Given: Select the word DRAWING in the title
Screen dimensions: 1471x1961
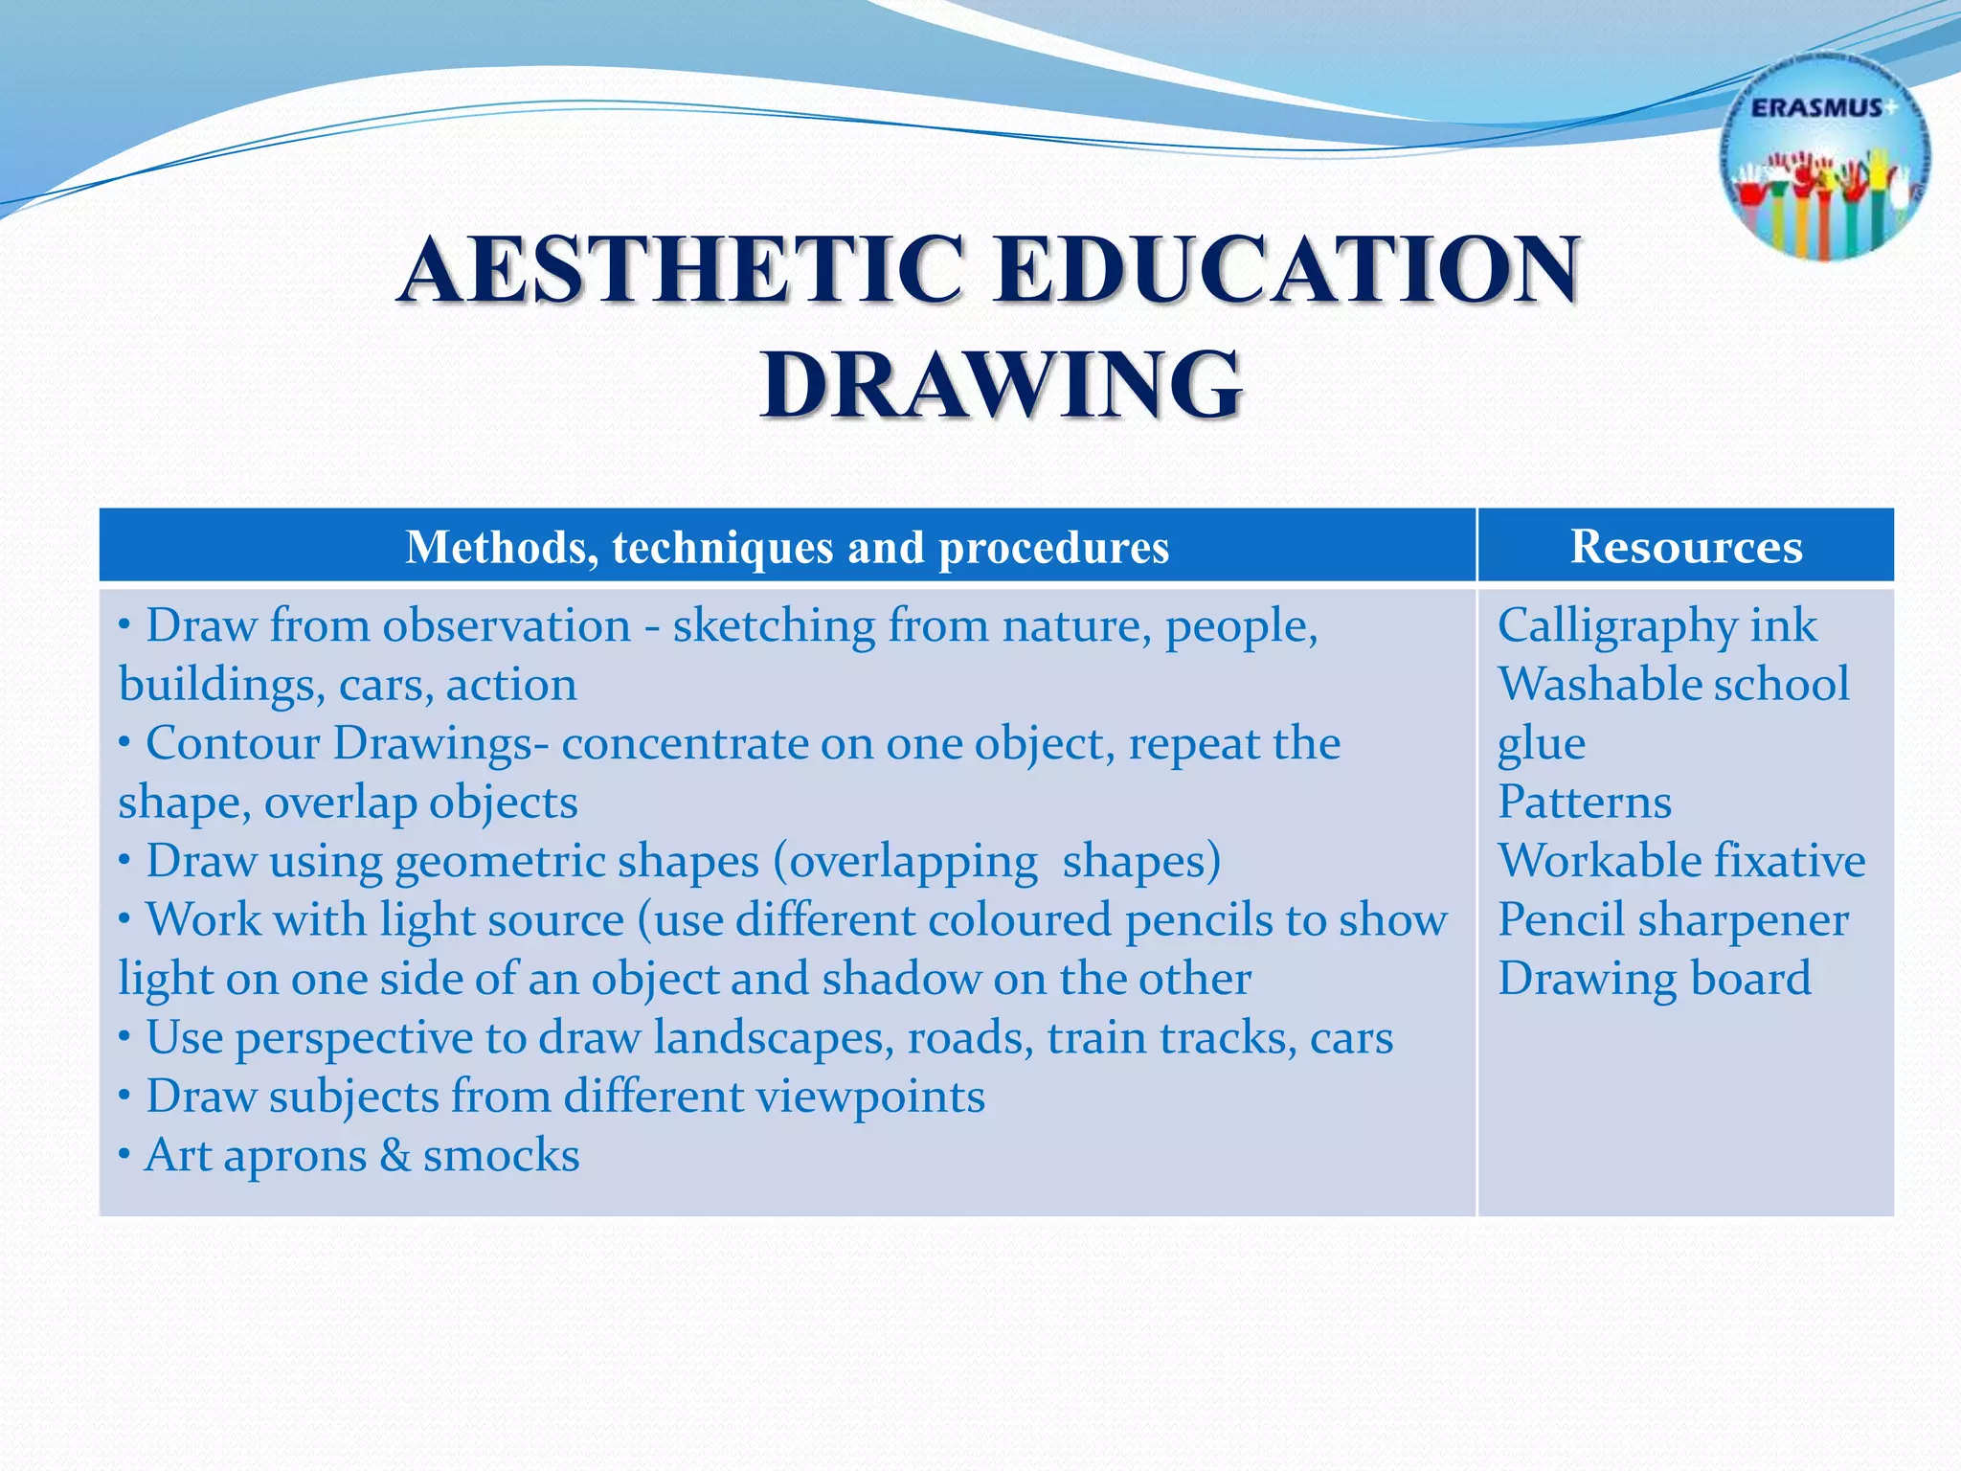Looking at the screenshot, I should coord(1002,385).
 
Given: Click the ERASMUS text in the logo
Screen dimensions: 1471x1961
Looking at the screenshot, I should coord(1816,108).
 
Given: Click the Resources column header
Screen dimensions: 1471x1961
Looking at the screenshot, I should coord(1685,546).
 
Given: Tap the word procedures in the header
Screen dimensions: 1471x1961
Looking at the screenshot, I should coord(1053,548).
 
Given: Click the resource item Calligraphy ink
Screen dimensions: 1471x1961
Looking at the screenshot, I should coord(1656,625).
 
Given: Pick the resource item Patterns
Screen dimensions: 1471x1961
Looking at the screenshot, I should coord(1584,802).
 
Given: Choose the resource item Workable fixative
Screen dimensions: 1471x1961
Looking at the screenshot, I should coord(1680,860).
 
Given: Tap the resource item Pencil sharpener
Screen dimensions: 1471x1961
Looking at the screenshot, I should coord(1672,919).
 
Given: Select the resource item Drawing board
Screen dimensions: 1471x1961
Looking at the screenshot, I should coord(1654,978).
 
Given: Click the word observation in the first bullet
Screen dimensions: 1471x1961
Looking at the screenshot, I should coord(507,625).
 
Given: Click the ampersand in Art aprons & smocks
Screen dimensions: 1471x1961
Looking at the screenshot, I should coord(394,1155).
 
